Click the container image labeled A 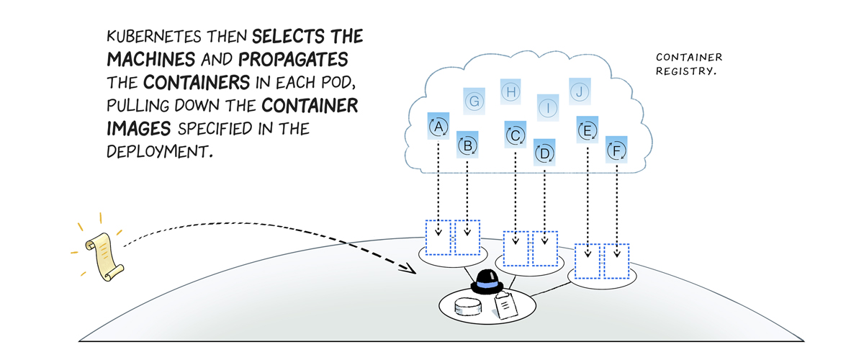pyautogui.click(x=438, y=127)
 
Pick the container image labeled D pyautogui.click(x=544, y=153)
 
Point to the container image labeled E pyautogui.click(x=588, y=130)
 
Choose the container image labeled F pyautogui.click(x=616, y=150)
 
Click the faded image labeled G pyautogui.click(x=474, y=101)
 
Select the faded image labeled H pyautogui.click(x=510, y=91)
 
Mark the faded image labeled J pyautogui.click(x=580, y=91)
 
